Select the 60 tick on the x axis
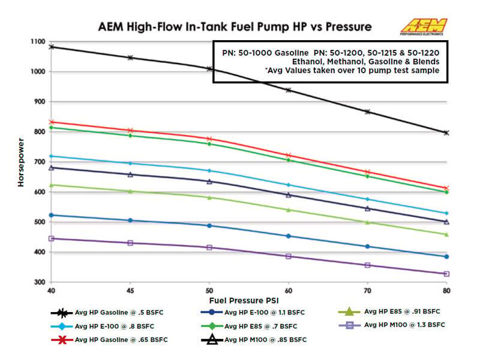[288, 289]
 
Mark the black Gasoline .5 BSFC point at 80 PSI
[446, 133]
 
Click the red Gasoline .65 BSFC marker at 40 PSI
[52, 122]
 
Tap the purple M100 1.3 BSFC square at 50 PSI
[209, 247]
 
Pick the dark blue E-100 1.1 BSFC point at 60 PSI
[288, 236]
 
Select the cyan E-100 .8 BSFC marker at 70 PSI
[367, 199]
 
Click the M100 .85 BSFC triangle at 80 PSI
[446, 221]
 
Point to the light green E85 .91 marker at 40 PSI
[52, 185]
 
